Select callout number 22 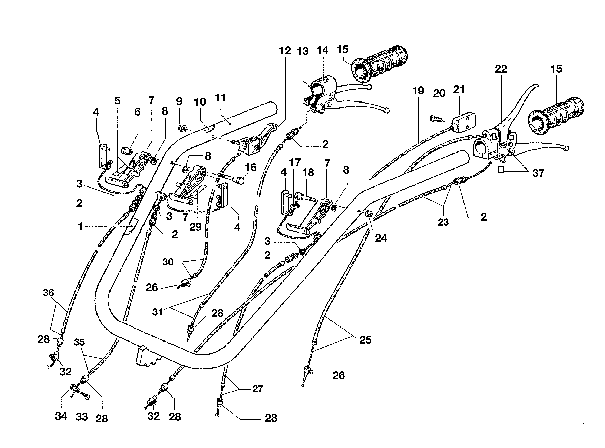coord(501,69)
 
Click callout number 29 coord(195,227)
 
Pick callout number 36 coord(49,293)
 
